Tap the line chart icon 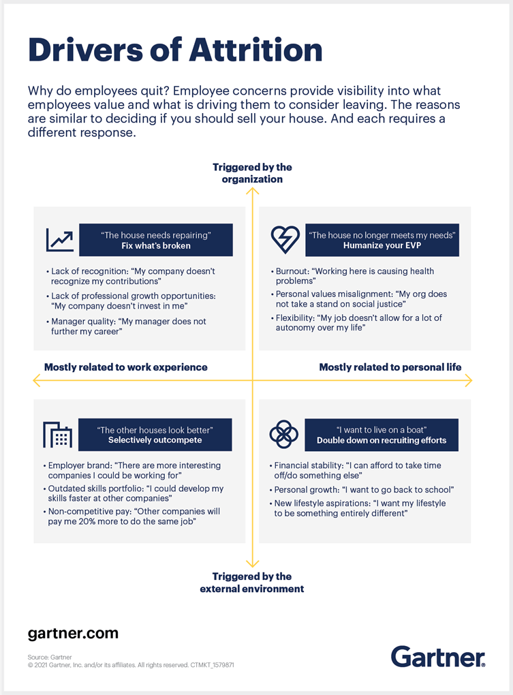coord(60,240)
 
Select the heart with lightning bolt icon coord(285,240)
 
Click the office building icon coord(58,435)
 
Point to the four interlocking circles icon coord(283,434)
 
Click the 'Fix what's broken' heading coord(156,245)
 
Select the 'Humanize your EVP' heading coord(382,245)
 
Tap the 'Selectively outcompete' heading coord(155,439)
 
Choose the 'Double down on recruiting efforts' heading coord(382,440)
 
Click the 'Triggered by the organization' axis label coord(252,173)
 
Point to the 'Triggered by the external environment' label coord(251,583)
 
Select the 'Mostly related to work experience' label coord(126,367)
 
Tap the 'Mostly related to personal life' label coord(390,367)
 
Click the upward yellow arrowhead coord(253,191)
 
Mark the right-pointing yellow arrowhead coord(469,380)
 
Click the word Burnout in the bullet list coord(292,271)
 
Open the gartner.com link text coord(73,634)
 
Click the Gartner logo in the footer coord(438,656)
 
